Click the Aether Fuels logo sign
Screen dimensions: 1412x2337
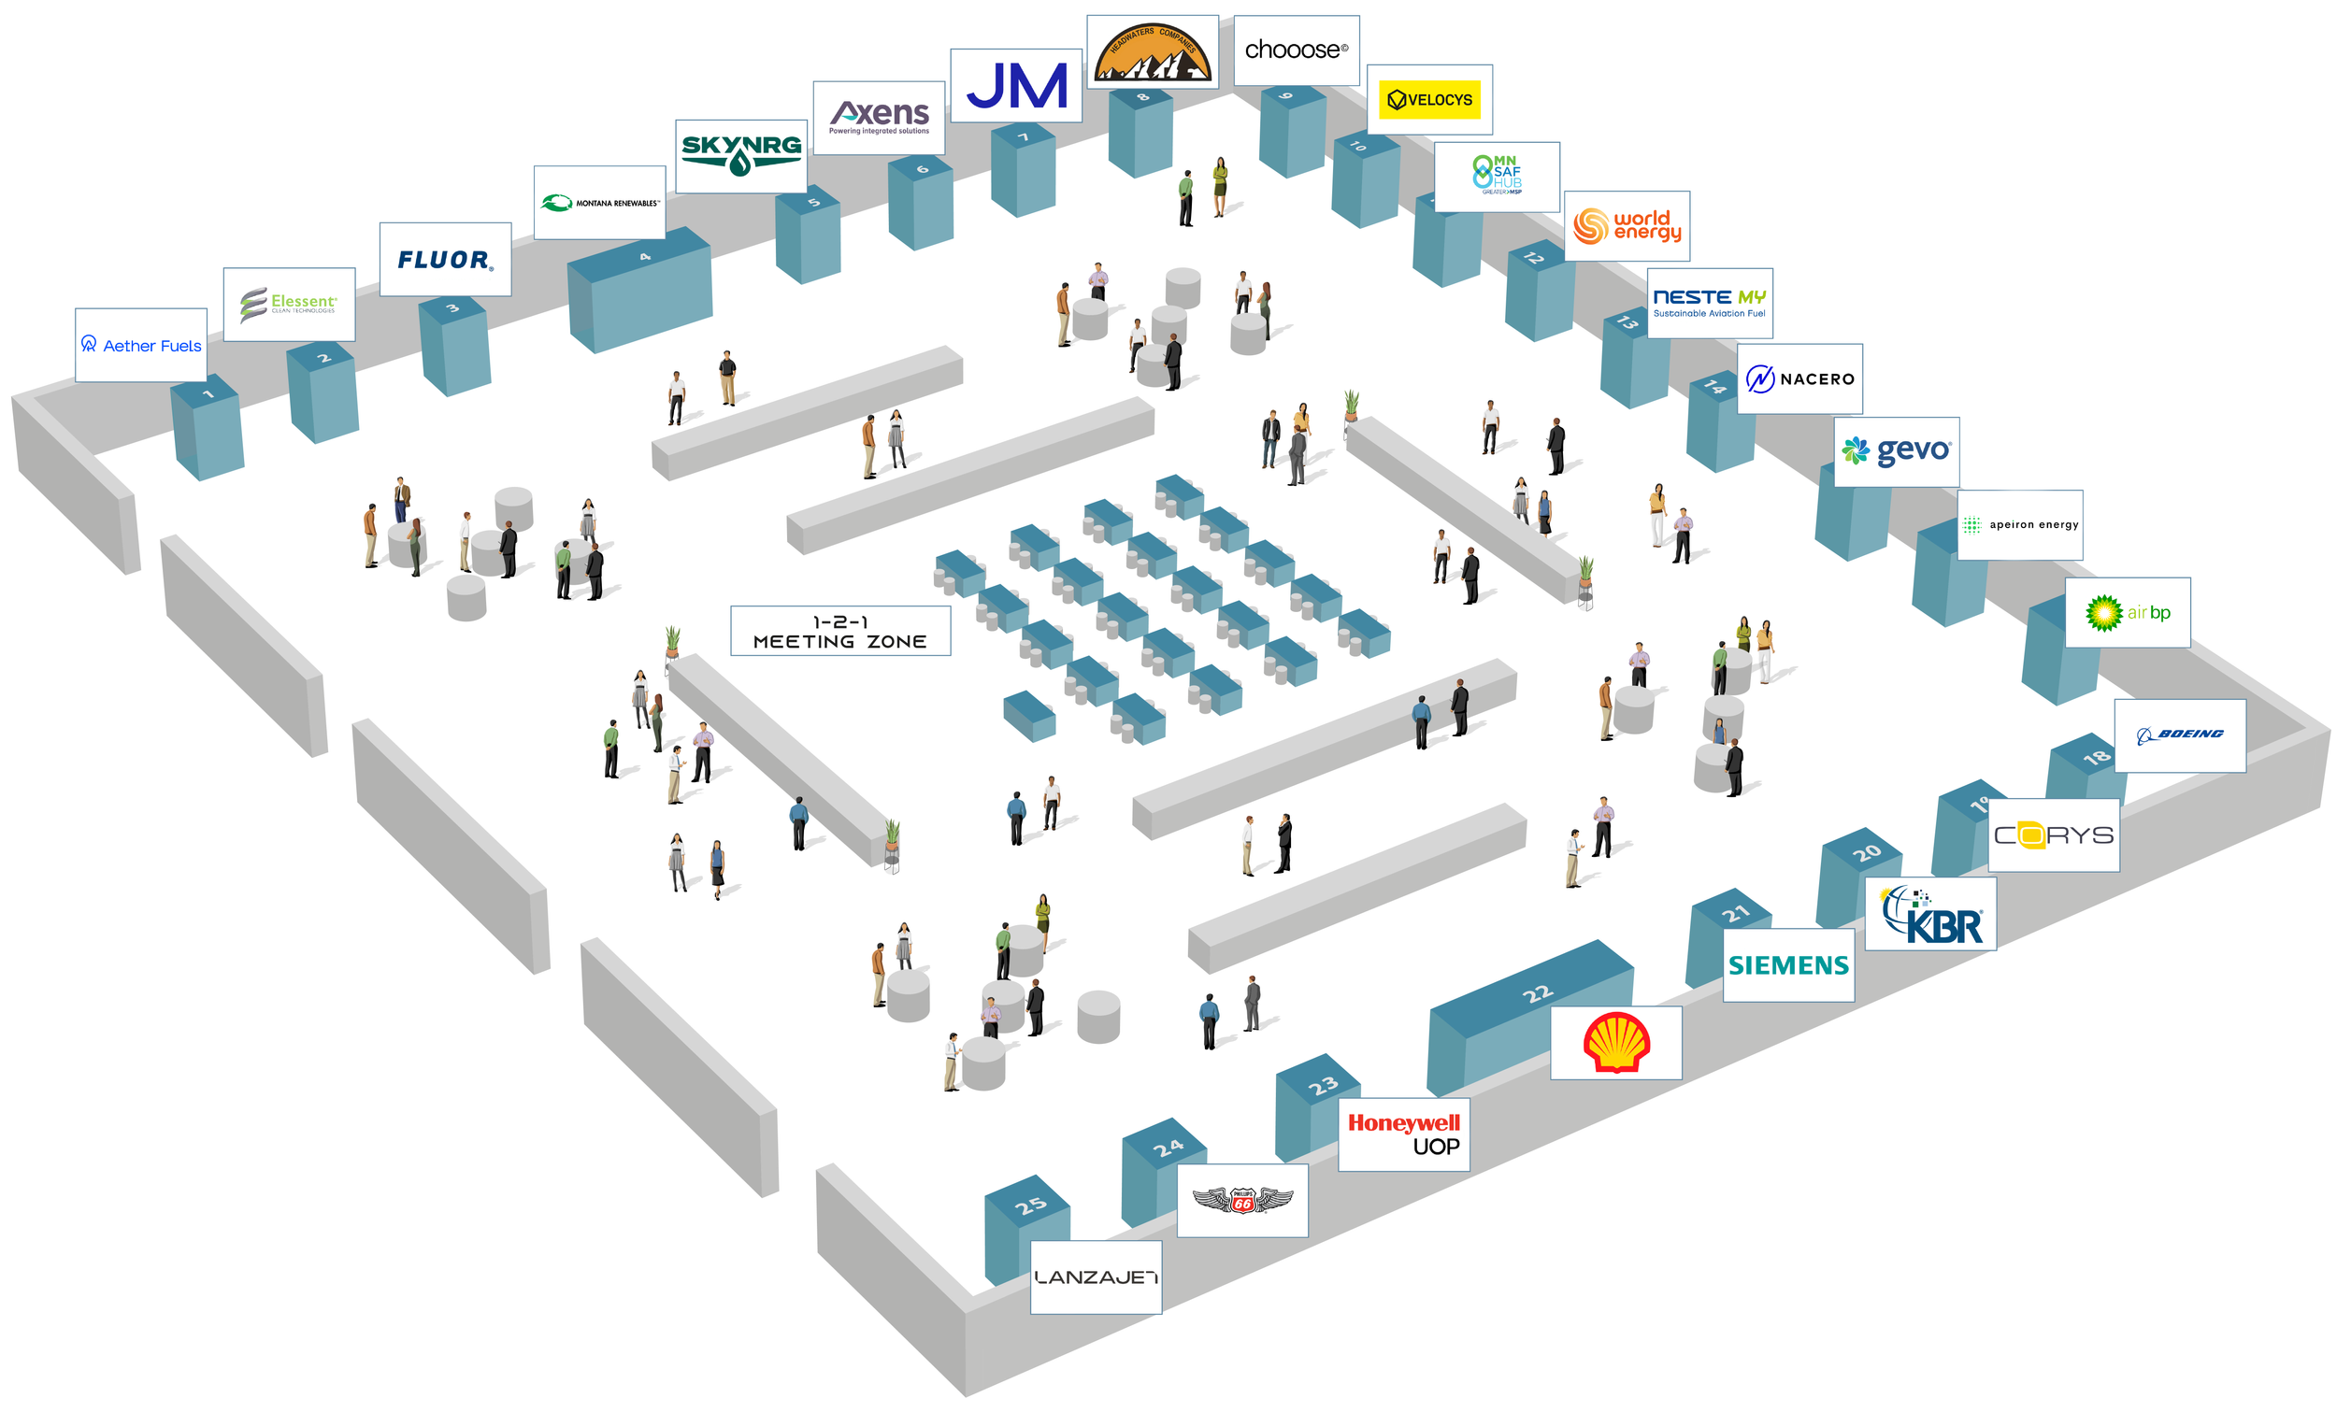pos(140,345)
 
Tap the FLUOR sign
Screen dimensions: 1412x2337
pos(445,259)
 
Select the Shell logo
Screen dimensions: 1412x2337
pos(1616,1042)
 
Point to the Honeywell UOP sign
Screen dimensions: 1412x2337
pos(1404,1134)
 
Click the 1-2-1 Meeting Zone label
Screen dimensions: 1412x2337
pos(839,632)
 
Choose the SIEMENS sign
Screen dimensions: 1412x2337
pos(1788,964)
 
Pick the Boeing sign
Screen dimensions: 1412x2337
pos(2180,735)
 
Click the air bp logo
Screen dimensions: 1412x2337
pos(2128,613)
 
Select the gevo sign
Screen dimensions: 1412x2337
pos(1896,451)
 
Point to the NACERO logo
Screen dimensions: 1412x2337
pos(1799,378)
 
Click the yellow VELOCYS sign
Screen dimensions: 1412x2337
pos(1429,100)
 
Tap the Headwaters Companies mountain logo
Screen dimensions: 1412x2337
pos(1153,52)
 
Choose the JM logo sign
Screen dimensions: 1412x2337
pos(1016,85)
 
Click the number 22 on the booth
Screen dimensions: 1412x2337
pos(1538,992)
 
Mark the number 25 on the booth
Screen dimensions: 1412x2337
pos(1031,1205)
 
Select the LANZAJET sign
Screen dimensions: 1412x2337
pos(1096,1277)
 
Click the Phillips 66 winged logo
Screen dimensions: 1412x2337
pos(1242,1202)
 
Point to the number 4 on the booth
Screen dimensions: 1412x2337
pos(645,257)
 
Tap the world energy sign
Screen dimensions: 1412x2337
pos(1627,226)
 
